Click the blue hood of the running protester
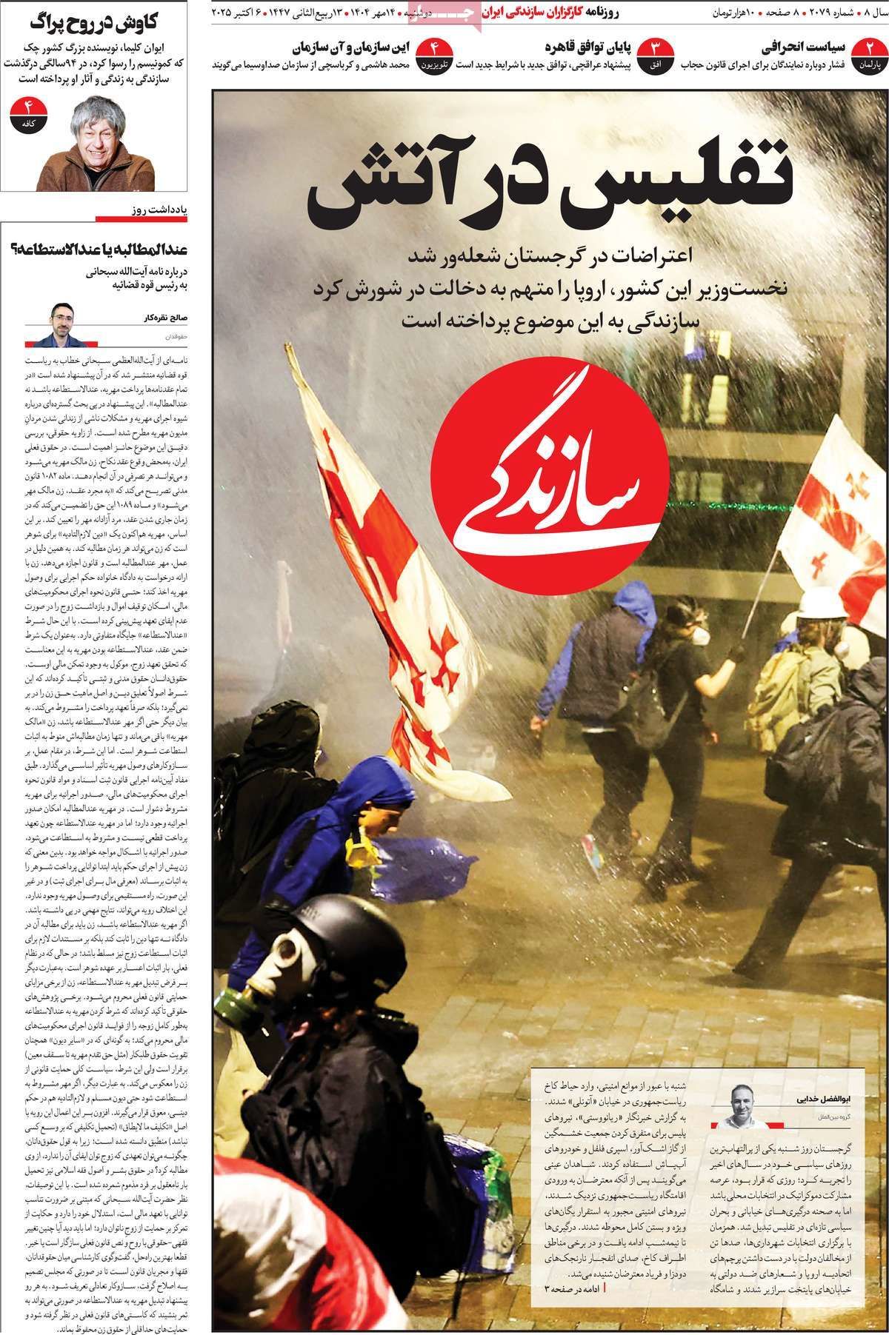pyautogui.click(x=630, y=600)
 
